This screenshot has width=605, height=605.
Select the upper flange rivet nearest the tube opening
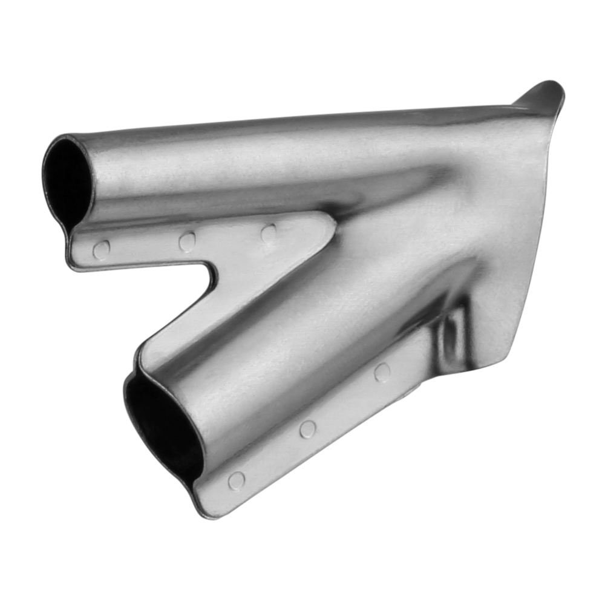101,249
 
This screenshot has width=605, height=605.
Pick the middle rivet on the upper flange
187,241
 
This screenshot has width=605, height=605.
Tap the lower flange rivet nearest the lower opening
236,481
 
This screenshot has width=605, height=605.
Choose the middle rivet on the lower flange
307,429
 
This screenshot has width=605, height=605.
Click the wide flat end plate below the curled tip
514,230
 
